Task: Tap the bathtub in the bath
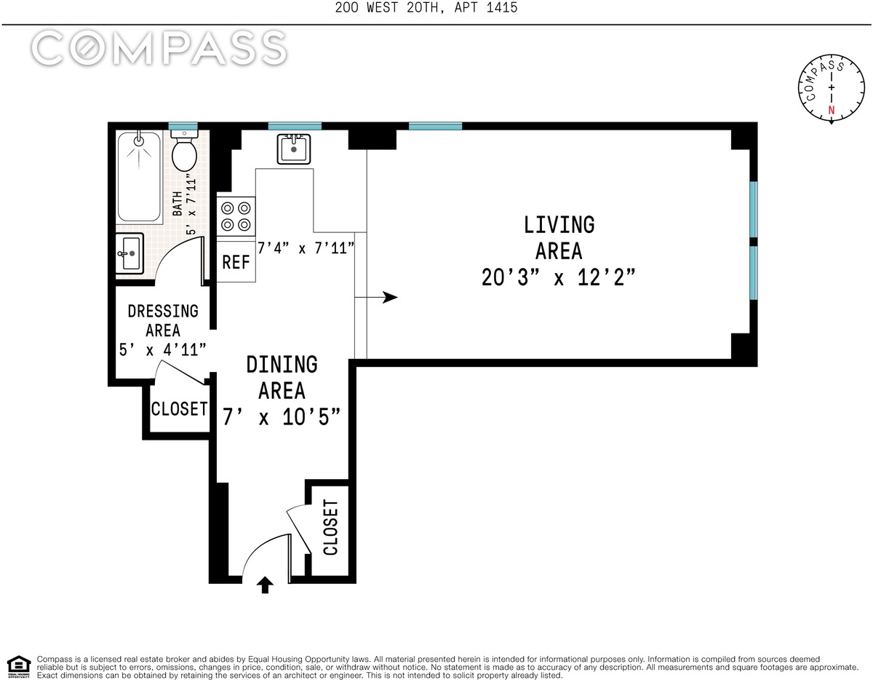pos(139,177)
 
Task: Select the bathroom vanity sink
pos(129,253)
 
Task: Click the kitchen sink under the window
pos(294,149)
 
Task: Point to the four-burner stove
pos(236,216)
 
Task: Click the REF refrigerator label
pos(236,262)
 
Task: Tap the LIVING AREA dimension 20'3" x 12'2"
pos(559,277)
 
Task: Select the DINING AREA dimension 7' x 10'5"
pos(282,417)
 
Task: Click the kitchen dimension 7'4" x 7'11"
pos(306,248)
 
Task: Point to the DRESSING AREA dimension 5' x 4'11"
pos(163,349)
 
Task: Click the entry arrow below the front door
pos(265,585)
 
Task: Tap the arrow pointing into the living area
pos(376,297)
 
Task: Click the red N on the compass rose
pos(832,110)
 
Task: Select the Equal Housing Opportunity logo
pos(18,667)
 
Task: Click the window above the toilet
pos(183,126)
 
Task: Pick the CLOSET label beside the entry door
pos(330,527)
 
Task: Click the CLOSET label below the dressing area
pos(179,409)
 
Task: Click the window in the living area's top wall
pos(436,126)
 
